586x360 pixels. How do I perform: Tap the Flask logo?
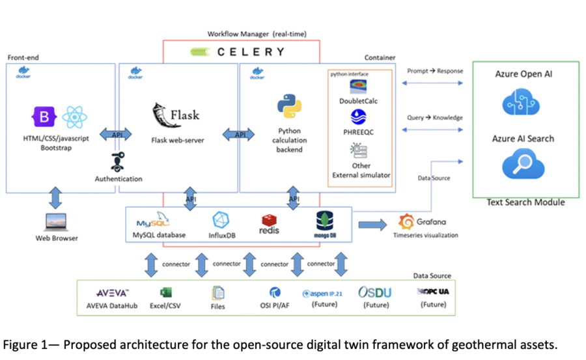174,115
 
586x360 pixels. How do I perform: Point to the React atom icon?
75,117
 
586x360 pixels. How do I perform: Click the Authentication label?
118,178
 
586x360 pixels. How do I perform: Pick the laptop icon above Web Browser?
57,222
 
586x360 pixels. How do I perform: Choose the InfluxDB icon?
222,221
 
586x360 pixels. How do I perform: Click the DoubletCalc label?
358,101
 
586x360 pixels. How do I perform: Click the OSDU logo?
375,292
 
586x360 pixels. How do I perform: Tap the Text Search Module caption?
525,202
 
